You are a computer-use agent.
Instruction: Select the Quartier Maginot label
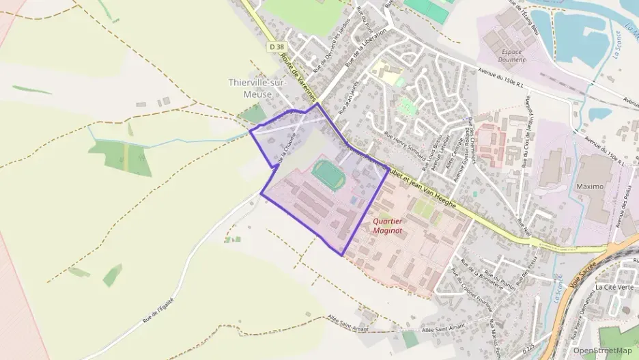click(x=388, y=225)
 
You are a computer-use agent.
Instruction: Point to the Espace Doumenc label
click(x=512, y=55)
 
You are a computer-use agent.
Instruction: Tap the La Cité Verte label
click(x=614, y=287)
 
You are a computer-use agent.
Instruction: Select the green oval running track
click(x=328, y=173)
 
